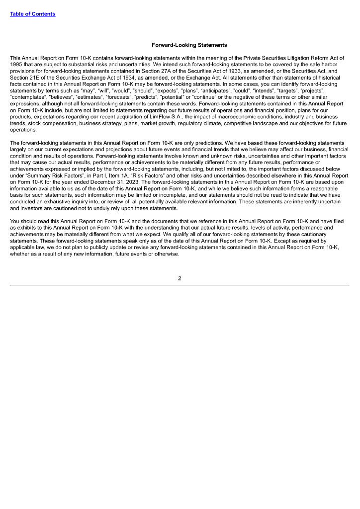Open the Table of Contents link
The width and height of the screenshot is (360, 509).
tap(32, 14)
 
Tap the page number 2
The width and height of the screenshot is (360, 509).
tap(180, 278)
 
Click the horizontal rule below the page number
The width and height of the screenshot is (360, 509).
tap(180, 285)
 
